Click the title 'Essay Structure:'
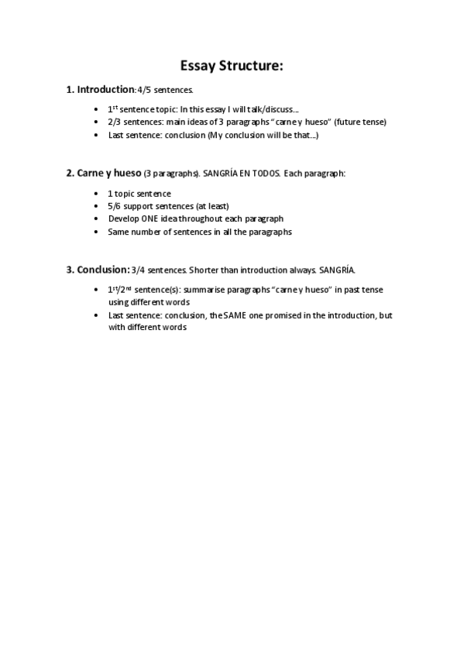[232, 66]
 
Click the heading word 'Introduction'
[105, 90]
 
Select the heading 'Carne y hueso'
[109, 173]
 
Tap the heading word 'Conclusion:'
[103, 270]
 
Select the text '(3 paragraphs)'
[172, 174]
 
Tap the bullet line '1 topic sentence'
[139, 193]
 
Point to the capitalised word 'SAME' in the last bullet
[257, 315]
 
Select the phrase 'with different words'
[147, 327]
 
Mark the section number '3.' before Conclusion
[70, 270]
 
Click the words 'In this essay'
[204, 109]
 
